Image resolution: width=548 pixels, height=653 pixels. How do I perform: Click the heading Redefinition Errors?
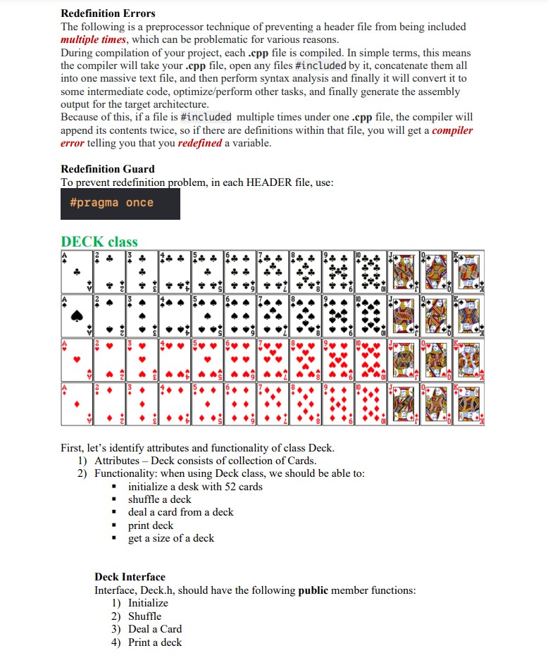[x=108, y=13]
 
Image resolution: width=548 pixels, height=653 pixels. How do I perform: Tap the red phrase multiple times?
[x=94, y=39]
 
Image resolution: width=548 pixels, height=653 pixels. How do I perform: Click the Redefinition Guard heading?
[x=108, y=169]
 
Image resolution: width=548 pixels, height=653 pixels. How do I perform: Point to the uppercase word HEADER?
[x=270, y=182]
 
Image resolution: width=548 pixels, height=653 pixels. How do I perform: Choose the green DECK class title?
[x=99, y=242]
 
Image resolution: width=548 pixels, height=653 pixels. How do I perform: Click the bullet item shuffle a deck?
[x=159, y=499]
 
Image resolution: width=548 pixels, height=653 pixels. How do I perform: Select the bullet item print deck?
[x=150, y=525]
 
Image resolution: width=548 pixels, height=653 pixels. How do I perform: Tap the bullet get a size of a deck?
[x=171, y=538]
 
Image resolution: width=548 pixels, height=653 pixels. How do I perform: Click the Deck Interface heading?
[x=130, y=577]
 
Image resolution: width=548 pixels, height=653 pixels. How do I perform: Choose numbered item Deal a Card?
[x=154, y=629]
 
